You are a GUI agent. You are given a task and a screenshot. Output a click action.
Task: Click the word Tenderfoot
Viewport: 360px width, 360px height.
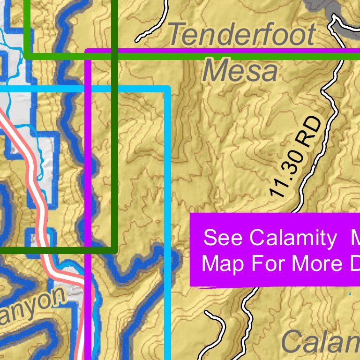241,35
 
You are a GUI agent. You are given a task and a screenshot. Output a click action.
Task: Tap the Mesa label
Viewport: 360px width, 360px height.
240,72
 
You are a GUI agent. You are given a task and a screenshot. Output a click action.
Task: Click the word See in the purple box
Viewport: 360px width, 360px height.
223,238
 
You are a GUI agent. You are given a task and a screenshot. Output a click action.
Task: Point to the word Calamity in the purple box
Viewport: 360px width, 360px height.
293,238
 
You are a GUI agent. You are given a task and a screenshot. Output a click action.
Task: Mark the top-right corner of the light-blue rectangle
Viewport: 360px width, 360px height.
167,89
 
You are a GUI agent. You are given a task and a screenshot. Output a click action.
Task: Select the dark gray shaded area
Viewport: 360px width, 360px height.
328,9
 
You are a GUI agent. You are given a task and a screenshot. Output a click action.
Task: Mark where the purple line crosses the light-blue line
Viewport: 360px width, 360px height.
88,89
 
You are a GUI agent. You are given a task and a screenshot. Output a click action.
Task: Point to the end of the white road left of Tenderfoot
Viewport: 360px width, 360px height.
137,40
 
